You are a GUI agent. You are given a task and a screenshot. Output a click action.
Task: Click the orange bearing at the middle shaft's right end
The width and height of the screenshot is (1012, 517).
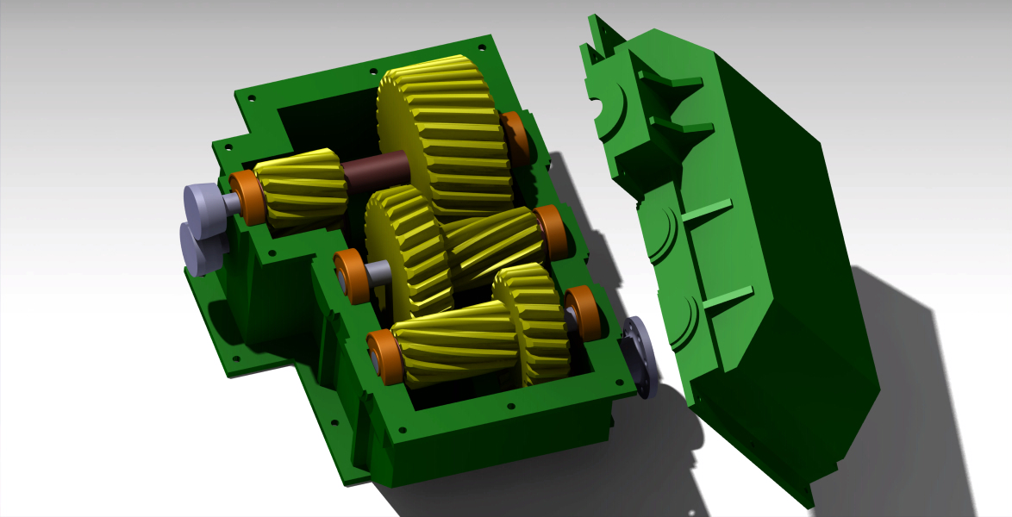(x=550, y=233)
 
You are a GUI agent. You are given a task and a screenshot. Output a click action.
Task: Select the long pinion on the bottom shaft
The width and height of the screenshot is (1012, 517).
(x=453, y=349)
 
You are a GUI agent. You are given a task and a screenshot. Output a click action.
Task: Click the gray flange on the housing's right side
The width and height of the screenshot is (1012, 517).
(x=640, y=355)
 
